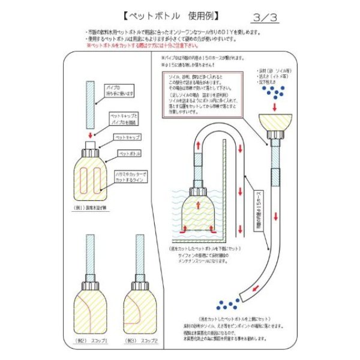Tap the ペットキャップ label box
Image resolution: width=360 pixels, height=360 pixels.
coord(127,137)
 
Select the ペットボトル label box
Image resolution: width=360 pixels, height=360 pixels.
coord(127,154)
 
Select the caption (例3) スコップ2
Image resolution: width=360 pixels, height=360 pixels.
coord(140,340)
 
